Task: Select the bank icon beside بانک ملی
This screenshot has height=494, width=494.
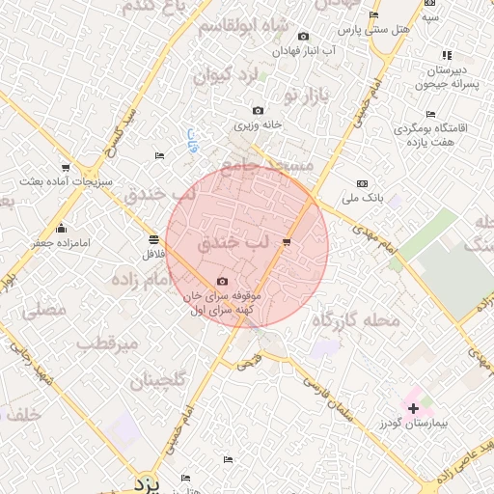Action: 362,183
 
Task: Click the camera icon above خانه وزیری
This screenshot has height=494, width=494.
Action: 257,111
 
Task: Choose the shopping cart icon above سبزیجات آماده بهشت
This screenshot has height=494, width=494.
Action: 66,168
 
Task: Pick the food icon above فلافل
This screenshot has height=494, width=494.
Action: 153,239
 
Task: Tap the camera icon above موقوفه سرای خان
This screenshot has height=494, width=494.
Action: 223,281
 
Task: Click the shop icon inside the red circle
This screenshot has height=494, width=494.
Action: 286,241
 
